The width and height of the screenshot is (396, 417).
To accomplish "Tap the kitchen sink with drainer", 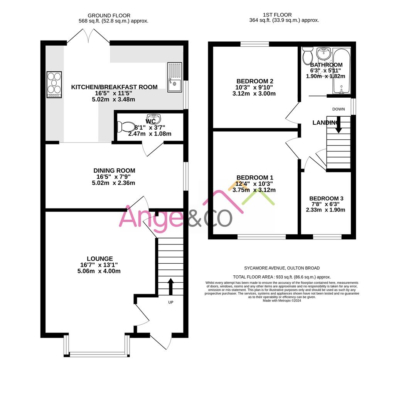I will click(174, 77).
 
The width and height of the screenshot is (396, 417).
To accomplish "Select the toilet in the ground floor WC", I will click(126, 126).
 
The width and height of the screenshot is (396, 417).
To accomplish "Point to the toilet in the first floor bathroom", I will click(308, 56).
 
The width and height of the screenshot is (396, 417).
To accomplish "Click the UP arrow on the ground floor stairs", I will click(170, 286).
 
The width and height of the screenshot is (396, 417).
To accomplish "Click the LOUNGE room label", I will click(100, 259).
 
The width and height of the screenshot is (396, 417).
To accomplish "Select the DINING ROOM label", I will click(114, 171).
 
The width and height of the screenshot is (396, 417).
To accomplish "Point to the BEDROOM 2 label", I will click(255, 81).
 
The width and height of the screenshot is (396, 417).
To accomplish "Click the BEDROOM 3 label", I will click(326, 198).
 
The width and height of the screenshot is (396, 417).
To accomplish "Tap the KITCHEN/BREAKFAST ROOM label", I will click(114, 87).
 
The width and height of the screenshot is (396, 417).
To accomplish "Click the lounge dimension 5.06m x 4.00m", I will click(99, 271).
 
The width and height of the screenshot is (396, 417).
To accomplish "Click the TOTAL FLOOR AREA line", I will click(282, 277).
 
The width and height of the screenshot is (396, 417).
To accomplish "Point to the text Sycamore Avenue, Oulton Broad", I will click(282, 268).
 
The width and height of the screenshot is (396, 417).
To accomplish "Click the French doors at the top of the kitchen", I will click(88, 39).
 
